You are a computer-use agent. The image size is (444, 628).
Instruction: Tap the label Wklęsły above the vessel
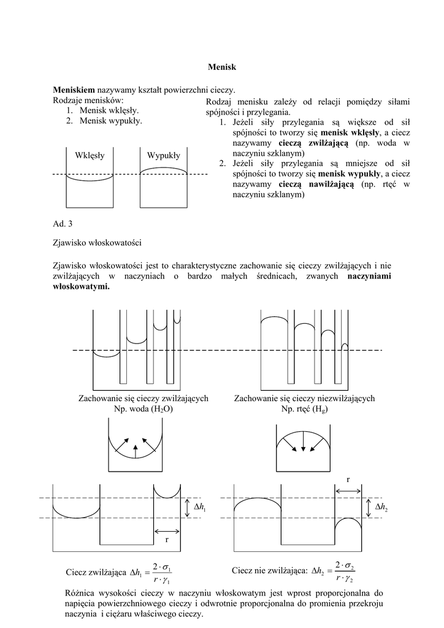(90, 155)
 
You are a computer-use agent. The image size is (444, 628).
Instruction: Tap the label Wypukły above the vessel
(163, 155)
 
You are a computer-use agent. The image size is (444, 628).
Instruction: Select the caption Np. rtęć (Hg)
(305, 408)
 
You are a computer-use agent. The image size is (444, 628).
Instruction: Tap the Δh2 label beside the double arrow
(381, 507)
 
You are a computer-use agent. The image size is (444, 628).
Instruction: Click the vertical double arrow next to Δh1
(187, 507)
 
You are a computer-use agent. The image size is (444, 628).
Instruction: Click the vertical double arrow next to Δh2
(369, 507)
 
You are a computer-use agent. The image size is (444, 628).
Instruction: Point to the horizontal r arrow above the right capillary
(348, 489)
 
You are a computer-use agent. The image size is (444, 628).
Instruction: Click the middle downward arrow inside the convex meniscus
(305, 443)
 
